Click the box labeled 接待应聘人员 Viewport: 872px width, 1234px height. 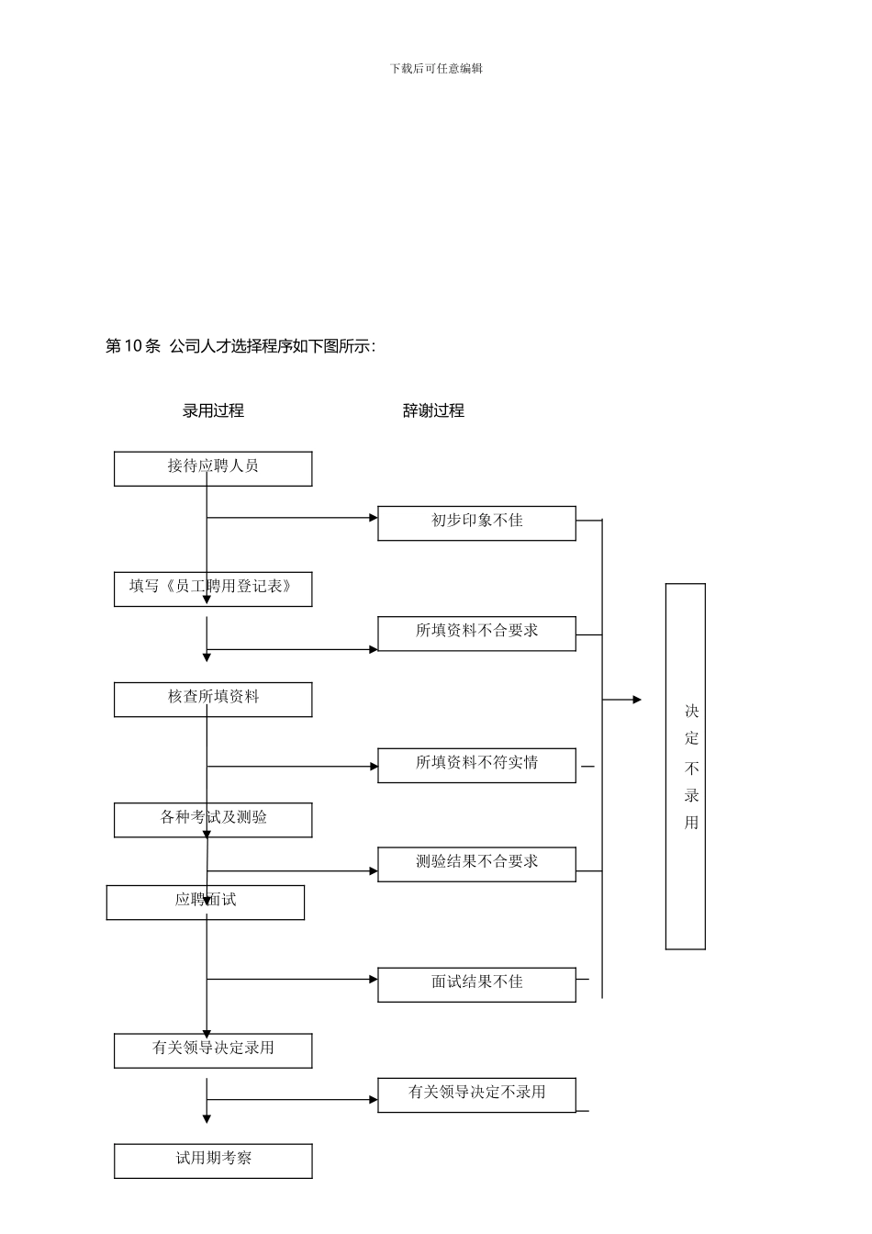(213, 468)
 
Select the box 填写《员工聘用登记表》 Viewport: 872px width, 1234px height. (213, 589)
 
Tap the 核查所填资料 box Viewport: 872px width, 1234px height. (213, 700)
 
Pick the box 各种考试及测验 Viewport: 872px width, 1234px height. (213, 820)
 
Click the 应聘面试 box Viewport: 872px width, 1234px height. (206, 903)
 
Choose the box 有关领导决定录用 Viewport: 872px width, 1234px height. (213, 1050)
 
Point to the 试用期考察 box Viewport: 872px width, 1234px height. (213, 1161)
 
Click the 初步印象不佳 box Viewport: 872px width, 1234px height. (476, 523)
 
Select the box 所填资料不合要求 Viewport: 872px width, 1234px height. (476, 634)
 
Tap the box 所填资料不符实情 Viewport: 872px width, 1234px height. (476, 766)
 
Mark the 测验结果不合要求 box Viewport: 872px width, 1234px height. (476, 865)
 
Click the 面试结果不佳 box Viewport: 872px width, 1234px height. (476, 984)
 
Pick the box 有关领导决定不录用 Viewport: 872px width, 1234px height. (476, 1094)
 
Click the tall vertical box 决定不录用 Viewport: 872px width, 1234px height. (686, 766)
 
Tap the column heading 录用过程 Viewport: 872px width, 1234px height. (213, 410)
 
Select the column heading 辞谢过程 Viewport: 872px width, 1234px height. (433, 410)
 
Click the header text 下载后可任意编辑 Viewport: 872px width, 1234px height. (436, 68)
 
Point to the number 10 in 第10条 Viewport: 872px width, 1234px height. (133, 346)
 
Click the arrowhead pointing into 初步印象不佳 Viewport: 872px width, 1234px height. (374, 518)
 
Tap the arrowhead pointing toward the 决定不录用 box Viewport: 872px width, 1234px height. (637, 700)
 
